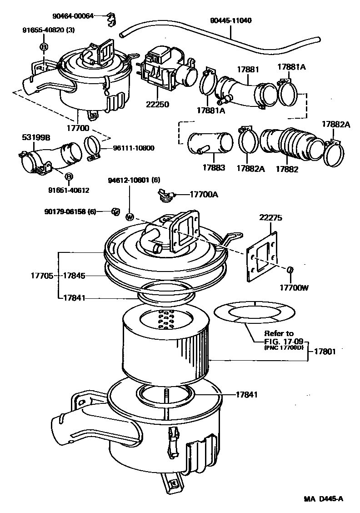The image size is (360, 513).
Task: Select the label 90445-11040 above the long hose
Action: (x=230, y=21)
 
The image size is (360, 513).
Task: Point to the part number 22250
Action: (x=157, y=105)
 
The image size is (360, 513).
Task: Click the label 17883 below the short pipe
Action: (x=214, y=168)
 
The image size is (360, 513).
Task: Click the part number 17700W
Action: (x=293, y=288)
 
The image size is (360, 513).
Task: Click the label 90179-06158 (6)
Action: (x=70, y=211)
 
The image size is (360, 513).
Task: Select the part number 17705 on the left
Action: (x=42, y=276)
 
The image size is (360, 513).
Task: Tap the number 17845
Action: (x=74, y=276)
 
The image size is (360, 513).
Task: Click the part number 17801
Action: (x=325, y=352)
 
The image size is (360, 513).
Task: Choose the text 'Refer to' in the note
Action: (x=279, y=333)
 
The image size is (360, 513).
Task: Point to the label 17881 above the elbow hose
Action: (x=248, y=70)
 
